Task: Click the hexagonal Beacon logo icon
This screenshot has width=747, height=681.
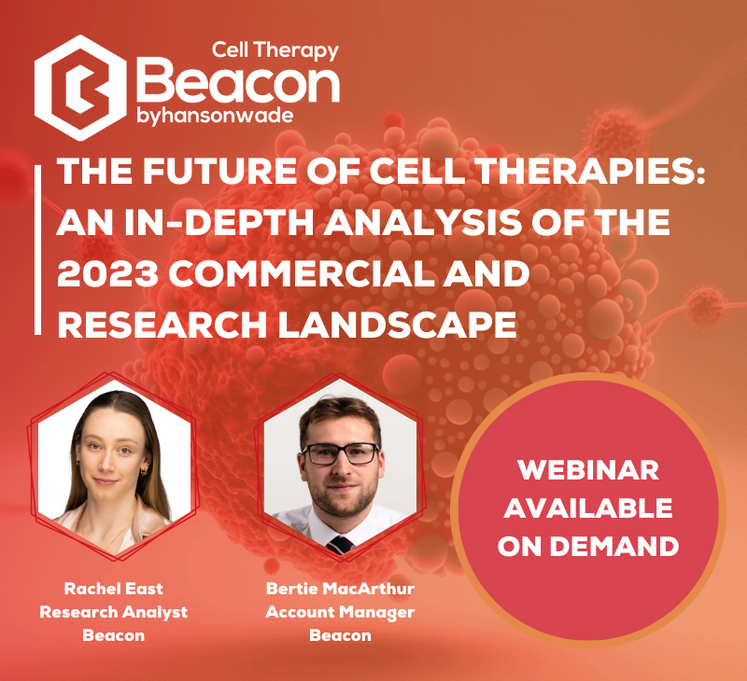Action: click(x=80, y=88)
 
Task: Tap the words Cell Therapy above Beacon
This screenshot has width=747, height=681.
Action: click(x=275, y=50)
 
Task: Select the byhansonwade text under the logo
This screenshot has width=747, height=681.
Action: click(x=215, y=116)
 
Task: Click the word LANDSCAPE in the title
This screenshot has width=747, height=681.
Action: click(x=398, y=326)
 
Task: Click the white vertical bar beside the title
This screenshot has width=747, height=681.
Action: click(x=37, y=250)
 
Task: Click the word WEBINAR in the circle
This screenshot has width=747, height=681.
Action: click(x=588, y=470)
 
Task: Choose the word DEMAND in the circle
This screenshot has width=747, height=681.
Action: click(x=614, y=547)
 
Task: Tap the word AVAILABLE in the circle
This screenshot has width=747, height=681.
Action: click(x=588, y=508)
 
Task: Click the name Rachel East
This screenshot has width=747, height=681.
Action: click(x=113, y=589)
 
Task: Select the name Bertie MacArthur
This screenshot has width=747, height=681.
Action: click(x=340, y=589)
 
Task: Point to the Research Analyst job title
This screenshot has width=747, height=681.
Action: click(x=113, y=613)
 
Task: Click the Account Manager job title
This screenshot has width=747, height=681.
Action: click(x=340, y=613)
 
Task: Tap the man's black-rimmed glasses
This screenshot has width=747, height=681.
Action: click(x=341, y=454)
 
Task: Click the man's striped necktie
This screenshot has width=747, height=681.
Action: click(x=340, y=545)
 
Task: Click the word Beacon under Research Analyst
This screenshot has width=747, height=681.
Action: click(x=113, y=635)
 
